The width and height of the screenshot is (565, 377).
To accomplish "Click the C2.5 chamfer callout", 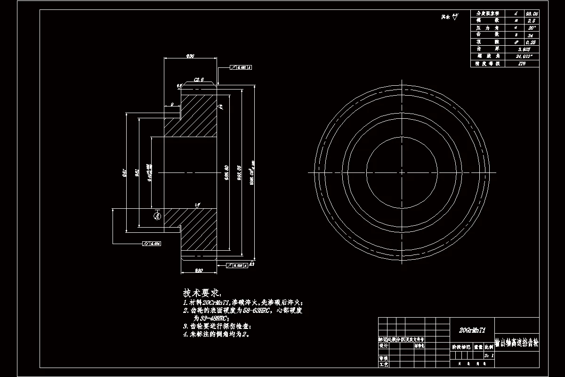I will coord(198,80).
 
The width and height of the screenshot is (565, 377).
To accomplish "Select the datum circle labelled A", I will coord(158,216).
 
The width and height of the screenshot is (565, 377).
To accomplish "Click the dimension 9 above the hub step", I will coord(172,104).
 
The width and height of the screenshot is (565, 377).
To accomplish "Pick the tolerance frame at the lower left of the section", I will coord(152,244).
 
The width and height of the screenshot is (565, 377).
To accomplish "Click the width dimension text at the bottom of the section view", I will coord(199,270).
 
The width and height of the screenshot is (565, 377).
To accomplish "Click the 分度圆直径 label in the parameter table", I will coord(487,14).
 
